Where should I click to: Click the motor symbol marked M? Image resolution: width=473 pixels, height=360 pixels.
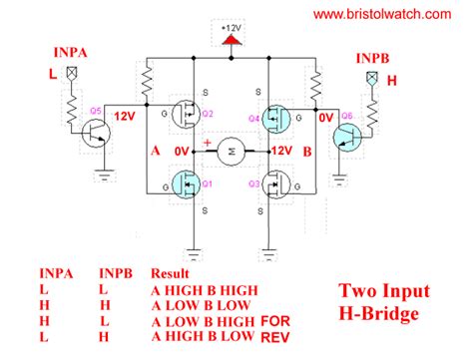pos(233,149)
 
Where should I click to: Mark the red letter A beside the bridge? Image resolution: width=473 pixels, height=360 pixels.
pos(154,151)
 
